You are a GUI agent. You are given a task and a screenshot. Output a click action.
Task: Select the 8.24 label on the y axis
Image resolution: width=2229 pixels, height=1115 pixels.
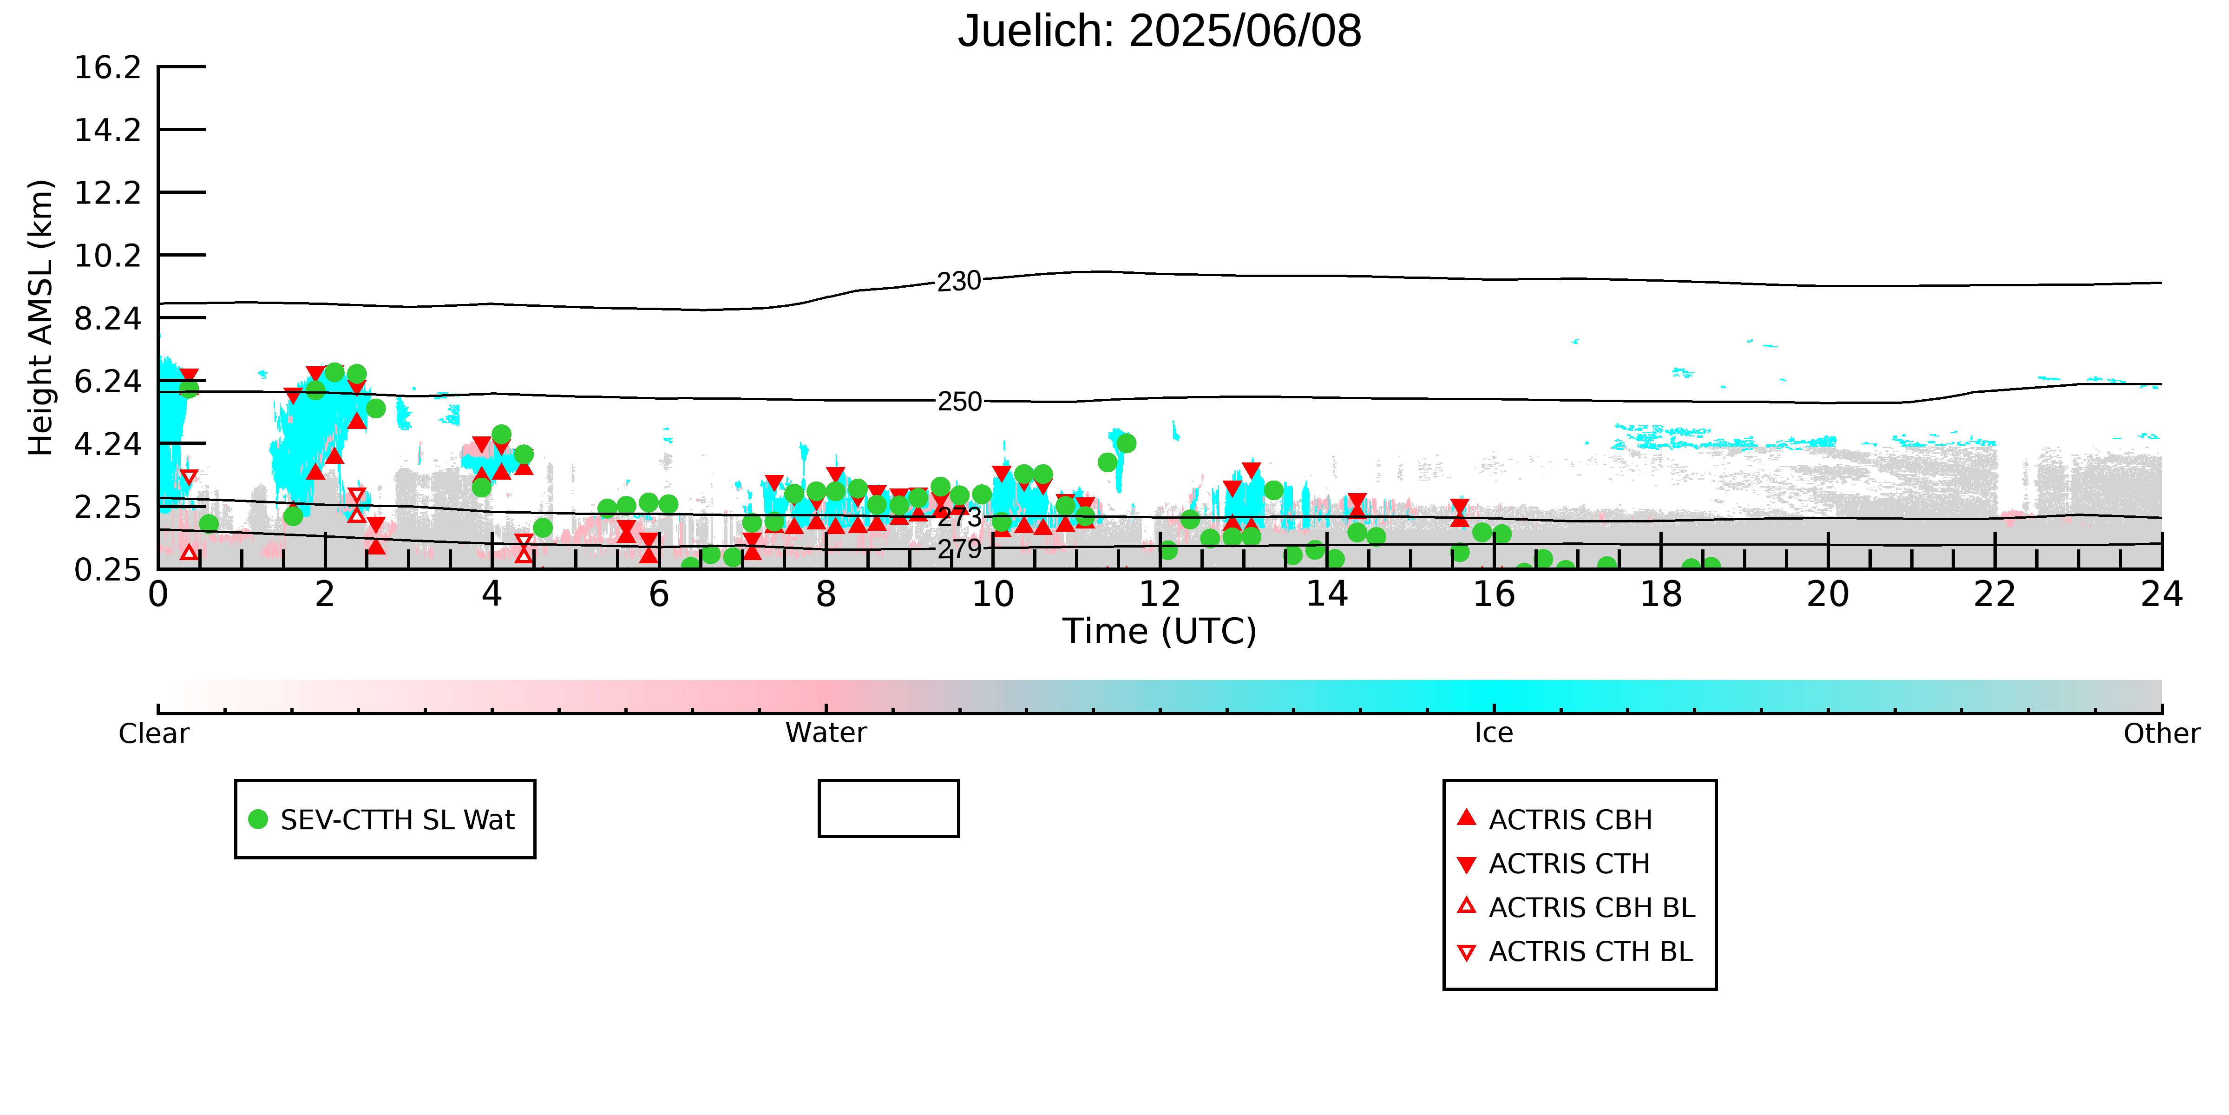(107, 318)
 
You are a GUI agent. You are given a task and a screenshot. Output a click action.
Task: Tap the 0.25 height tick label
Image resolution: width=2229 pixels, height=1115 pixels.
(107, 570)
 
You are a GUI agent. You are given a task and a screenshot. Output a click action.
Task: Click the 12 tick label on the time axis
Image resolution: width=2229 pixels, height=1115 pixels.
(1160, 595)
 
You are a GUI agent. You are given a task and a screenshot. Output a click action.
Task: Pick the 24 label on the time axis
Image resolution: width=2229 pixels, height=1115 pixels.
(2162, 595)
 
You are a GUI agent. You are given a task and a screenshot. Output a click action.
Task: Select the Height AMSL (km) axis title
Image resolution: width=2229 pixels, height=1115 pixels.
(41, 318)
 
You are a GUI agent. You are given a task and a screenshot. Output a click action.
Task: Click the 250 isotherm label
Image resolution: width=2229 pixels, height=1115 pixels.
(960, 402)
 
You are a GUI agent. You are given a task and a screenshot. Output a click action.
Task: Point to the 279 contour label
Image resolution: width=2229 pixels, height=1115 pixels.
(960, 549)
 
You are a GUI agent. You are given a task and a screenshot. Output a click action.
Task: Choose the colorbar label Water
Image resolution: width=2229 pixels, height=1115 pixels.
(826, 733)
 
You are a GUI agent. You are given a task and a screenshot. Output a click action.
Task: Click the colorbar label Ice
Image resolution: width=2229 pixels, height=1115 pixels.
(1494, 733)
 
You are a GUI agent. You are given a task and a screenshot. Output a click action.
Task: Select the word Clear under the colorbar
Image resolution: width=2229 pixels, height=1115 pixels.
(154, 733)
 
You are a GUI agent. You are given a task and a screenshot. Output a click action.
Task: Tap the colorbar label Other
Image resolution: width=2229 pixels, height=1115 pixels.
(2162, 733)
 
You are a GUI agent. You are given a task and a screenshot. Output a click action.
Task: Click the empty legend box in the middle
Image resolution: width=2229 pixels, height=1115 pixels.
(889, 809)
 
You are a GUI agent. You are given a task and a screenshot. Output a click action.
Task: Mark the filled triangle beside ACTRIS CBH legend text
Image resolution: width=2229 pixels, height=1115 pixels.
(1466, 817)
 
